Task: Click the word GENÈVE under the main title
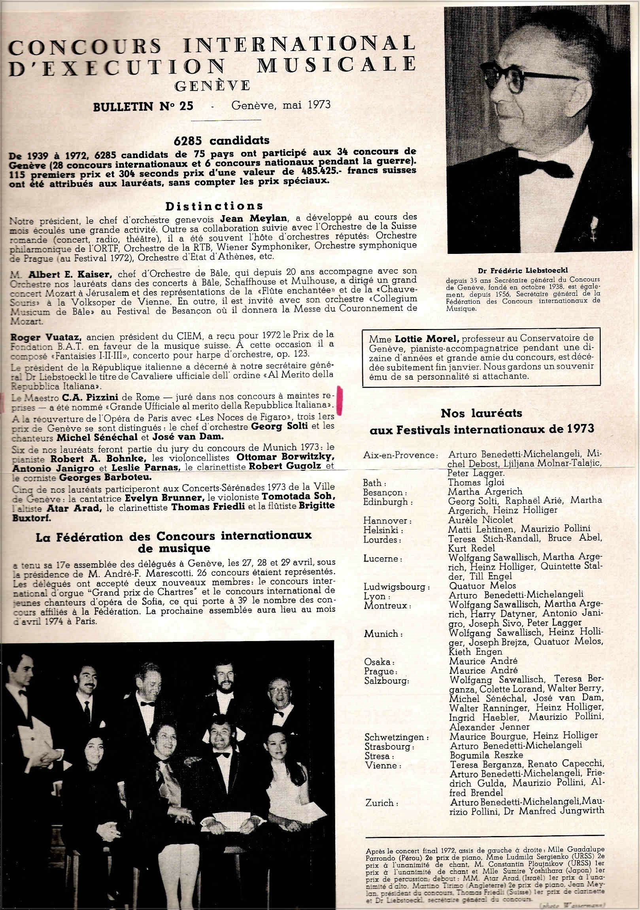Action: [212, 85]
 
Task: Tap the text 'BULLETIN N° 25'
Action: [143, 107]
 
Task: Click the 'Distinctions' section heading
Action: [214, 206]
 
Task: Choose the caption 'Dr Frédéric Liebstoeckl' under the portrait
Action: [523, 270]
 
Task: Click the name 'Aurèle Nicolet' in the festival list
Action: [480, 520]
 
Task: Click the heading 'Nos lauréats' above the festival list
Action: [481, 414]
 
